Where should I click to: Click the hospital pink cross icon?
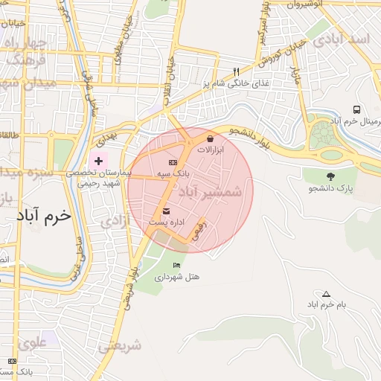[x=98, y=161]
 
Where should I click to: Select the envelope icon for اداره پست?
[x=165, y=211]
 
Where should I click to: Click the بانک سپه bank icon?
[x=173, y=162]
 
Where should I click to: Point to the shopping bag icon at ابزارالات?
[x=211, y=138]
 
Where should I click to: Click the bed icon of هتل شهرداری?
[x=176, y=265]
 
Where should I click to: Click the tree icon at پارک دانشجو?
[x=330, y=176]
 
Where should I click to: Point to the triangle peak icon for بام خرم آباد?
[x=326, y=294]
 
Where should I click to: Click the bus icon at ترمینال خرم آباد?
[x=357, y=109]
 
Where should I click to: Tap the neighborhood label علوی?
[x=33, y=343]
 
